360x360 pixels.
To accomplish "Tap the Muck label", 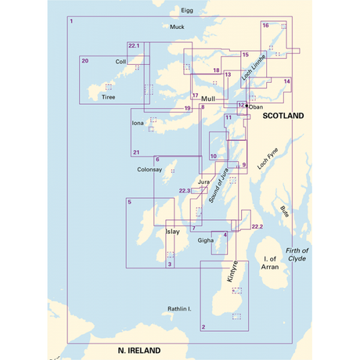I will click(177, 27).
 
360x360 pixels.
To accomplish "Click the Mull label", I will click(207, 99).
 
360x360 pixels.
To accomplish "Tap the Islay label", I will click(173, 232).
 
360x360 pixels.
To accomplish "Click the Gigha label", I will click(206, 240).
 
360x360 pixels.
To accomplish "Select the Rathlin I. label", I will click(180, 309).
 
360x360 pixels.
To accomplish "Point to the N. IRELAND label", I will click(139, 350).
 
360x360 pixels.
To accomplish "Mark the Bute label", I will click(284, 211).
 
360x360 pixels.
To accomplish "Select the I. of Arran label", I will click(272, 264).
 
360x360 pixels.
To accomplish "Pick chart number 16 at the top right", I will click(266, 26).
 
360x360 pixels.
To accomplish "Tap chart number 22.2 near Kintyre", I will click(257, 226).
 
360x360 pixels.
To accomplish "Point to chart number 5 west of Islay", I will click(129, 203).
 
